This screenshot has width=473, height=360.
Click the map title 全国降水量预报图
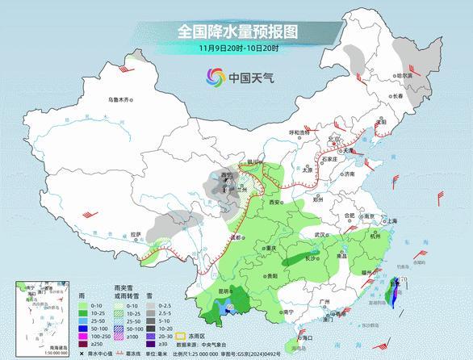click(236, 32)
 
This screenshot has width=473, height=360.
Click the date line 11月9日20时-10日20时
click(236, 49)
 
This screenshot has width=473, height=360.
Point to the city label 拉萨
click(136, 234)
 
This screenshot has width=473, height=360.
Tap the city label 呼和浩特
click(300, 132)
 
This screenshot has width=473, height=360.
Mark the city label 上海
click(391, 220)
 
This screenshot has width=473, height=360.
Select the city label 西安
click(277, 201)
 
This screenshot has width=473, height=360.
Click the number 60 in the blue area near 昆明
click(229, 306)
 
